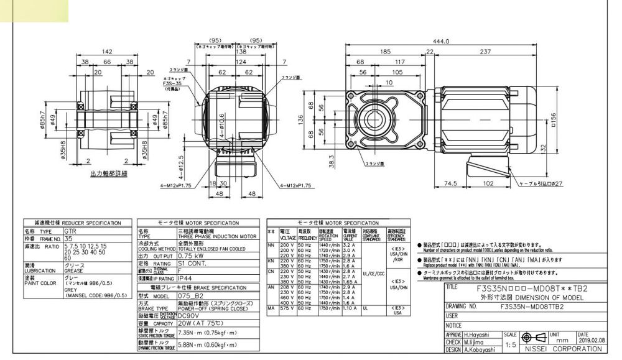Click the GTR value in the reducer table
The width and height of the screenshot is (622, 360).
(x=72, y=229)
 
